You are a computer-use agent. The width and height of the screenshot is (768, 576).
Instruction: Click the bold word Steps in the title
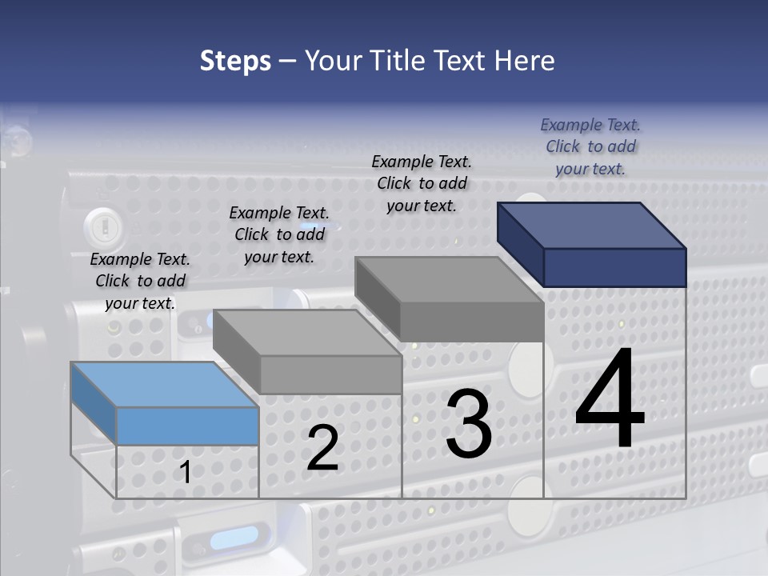coord(235,61)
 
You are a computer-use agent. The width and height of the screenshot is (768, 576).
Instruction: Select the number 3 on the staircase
coord(469,424)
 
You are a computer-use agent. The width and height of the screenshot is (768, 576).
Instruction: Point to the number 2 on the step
coord(322,448)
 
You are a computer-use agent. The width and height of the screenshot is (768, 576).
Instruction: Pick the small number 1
coord(185,472)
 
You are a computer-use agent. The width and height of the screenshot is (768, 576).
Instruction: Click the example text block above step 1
coord(140,281)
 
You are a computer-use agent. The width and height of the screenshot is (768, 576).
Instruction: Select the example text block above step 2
coord(279,234)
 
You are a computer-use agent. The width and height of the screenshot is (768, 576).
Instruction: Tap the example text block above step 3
coord(422,183)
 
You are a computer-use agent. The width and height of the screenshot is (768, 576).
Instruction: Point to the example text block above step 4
coord(590,146)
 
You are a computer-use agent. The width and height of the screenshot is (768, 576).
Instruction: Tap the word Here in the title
coord(525,61)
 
